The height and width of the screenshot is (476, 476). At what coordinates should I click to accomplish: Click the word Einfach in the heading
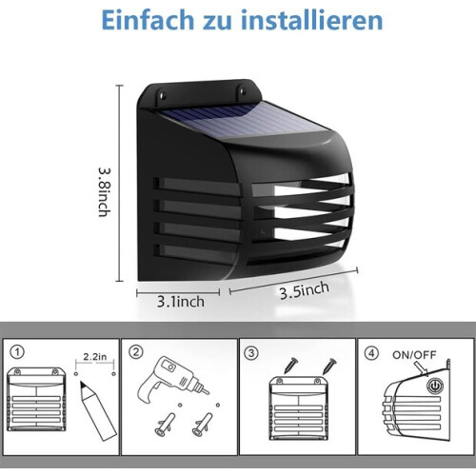[148, 20]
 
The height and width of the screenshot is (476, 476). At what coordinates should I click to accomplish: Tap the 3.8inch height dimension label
[105, 192]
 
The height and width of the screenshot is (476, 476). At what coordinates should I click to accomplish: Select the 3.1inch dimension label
[181, 302]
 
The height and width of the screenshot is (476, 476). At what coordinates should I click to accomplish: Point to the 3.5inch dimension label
[304, 290]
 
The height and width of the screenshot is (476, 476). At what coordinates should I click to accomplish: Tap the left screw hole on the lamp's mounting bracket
[163, 94]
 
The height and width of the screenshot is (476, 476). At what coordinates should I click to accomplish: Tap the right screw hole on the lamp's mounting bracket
[243, 91]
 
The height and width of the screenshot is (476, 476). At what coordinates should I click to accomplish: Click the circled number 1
[17, 352]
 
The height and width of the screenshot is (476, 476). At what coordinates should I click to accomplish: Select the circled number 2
[136, 352]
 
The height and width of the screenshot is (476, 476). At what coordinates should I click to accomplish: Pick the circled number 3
[251, 353]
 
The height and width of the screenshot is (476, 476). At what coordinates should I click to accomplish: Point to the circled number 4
[371, 353]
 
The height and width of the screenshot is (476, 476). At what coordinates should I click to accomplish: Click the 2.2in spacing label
[95, 357]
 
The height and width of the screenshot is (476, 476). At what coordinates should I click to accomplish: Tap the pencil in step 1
[98, 411]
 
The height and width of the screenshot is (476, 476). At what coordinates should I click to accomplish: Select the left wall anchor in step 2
[165, 424]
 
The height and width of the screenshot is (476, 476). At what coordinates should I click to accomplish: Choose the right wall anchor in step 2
[202, 424]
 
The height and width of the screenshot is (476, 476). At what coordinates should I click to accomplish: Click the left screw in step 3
[290, 365]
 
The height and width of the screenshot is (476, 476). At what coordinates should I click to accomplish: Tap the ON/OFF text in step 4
[414, 355]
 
